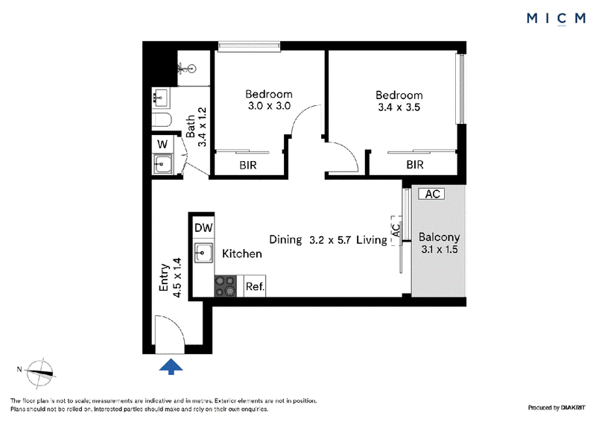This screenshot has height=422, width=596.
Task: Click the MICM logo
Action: pos(556,19)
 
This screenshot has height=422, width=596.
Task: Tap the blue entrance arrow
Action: pos(171,366)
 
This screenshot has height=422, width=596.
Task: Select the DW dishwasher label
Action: pos(203,227)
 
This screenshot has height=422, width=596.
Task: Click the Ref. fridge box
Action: pos(255,286)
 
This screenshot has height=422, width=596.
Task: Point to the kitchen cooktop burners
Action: pos(226,286)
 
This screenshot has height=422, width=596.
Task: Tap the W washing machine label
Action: pos(162,145)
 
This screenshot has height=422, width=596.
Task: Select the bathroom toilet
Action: pos(162,119)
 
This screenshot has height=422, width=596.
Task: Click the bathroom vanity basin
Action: pos(161,98)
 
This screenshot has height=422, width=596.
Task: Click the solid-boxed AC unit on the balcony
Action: pos(431,194)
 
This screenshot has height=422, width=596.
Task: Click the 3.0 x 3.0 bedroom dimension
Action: pos(269,106)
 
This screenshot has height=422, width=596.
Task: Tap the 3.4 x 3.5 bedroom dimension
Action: pos(399,107)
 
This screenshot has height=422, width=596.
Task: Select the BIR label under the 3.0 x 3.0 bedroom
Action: pos(248,166)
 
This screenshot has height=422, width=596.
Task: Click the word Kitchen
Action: pos(242,253)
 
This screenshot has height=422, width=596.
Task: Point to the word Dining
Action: pos(285,240)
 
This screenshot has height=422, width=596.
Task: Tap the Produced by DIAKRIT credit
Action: pos(557,408)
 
